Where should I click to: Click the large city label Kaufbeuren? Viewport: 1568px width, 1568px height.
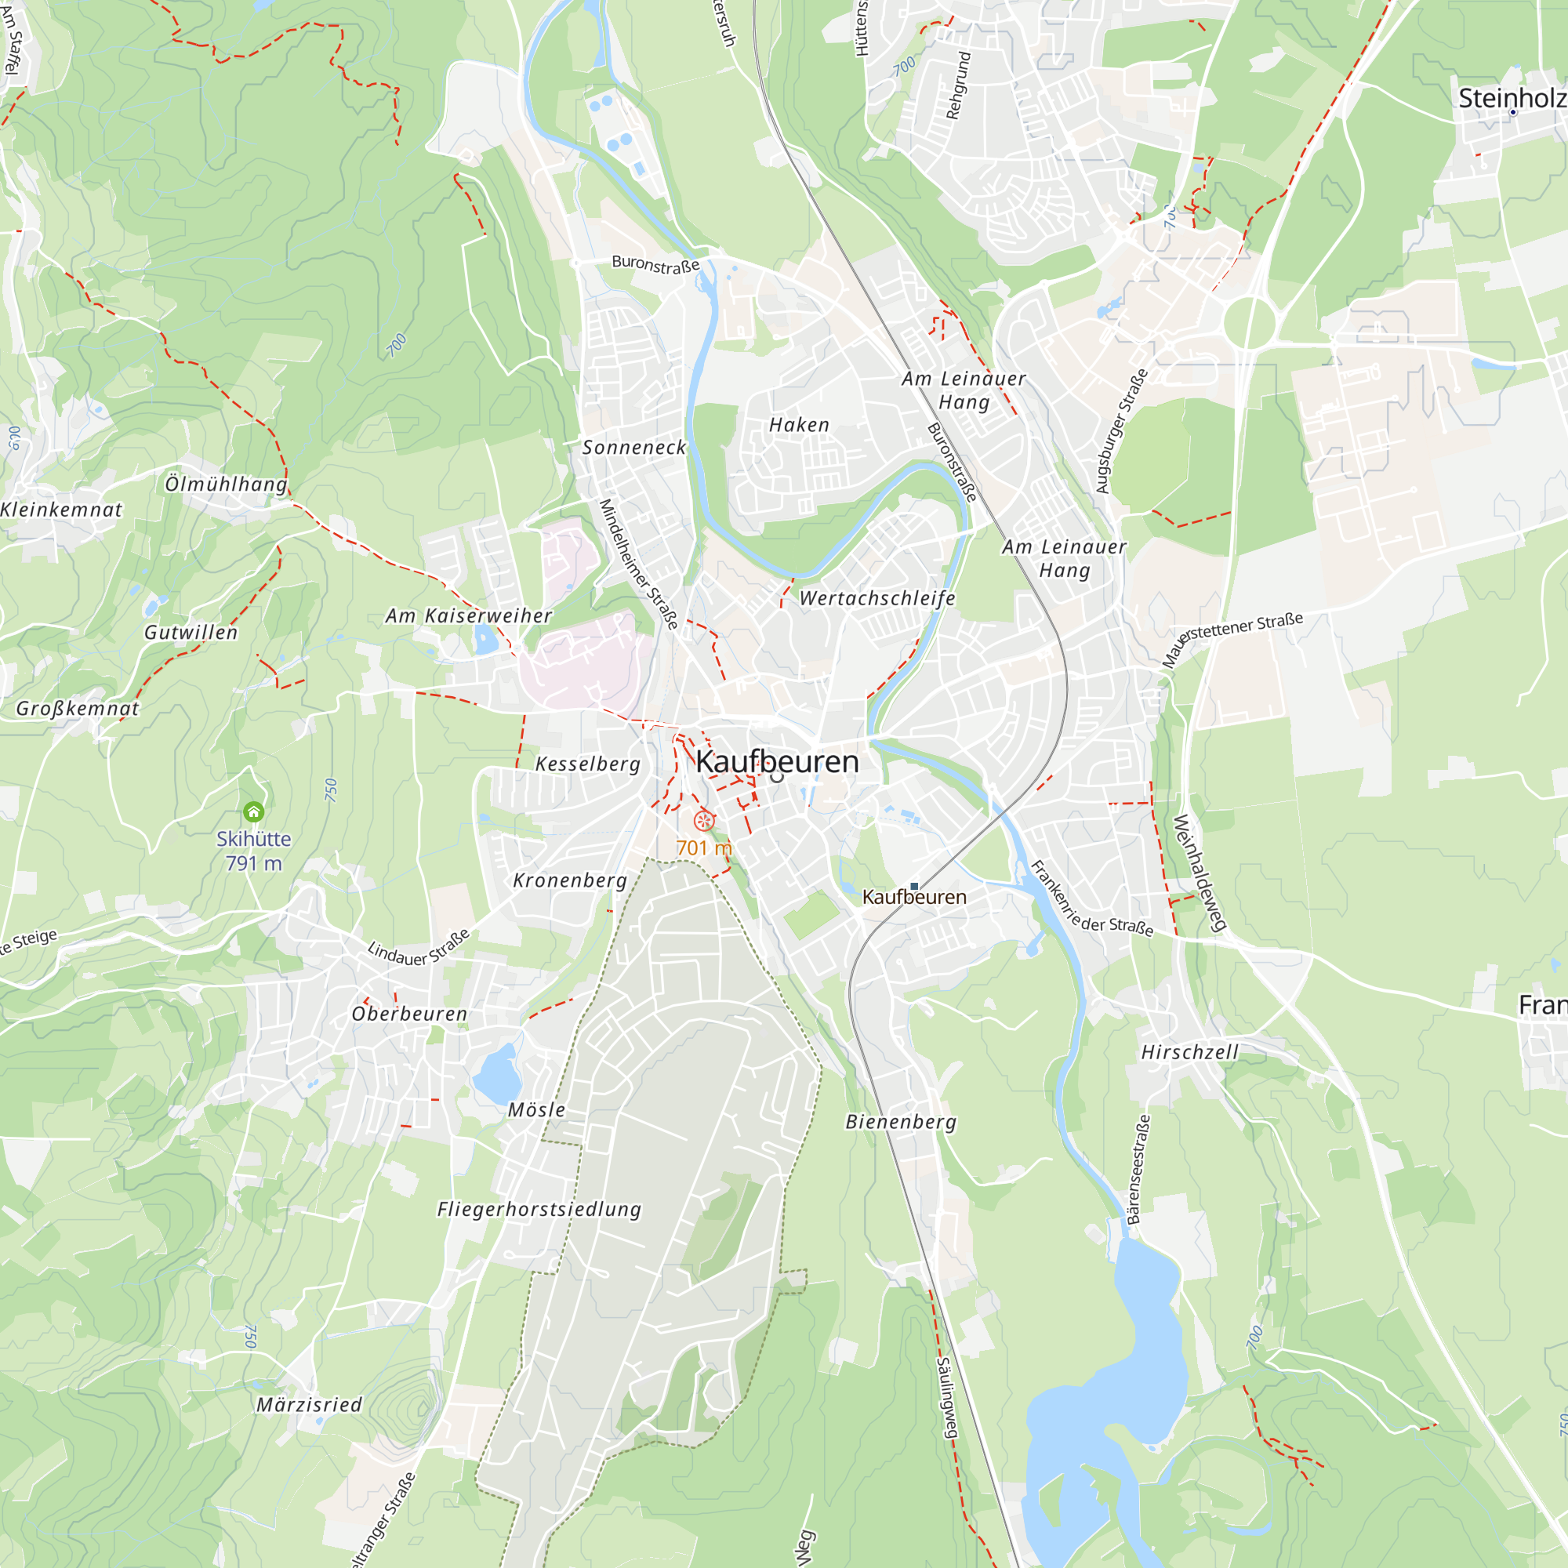point(777,761)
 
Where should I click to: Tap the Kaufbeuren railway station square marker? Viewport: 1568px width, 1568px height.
point(914,886)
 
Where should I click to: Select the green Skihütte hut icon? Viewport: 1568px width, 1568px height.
point(253,811)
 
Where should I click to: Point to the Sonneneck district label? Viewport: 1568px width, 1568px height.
point(633,447)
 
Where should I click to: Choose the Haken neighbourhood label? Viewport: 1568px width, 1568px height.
point(800,424)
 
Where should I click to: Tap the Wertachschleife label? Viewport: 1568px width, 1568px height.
point(877,598)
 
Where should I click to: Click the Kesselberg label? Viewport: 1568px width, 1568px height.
point(587,764)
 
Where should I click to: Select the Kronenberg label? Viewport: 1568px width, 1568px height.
point(570,880)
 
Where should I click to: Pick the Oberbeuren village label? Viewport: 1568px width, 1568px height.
point(409,1014)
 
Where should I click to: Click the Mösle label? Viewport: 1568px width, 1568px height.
point(536,1109)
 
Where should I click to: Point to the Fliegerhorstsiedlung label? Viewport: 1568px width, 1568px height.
point(539,1209)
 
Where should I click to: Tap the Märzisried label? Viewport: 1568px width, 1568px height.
point(309,1405)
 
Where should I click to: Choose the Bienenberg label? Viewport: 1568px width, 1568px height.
point(901,1122)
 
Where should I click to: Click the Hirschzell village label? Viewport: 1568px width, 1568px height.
point(1190,1052)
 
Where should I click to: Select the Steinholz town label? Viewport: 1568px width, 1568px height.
point(1512,98)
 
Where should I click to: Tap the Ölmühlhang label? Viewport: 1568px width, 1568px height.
point(227,484)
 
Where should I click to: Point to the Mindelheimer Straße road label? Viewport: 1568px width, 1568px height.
point(638,564)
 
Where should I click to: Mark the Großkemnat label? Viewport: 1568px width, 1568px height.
point(78,709)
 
